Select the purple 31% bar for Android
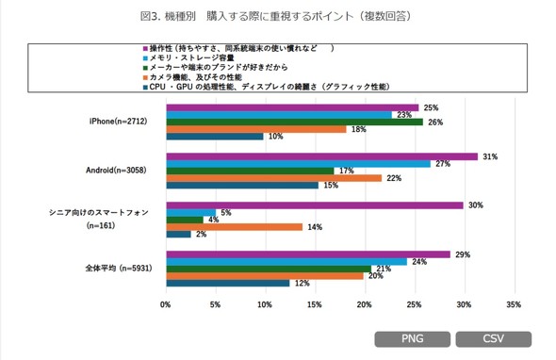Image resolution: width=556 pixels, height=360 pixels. click(321, 156)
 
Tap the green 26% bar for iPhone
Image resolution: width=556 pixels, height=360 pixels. click(294, 122)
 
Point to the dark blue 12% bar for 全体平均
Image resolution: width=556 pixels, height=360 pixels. click(227, 283)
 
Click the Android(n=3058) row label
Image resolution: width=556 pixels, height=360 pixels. click(118, 171)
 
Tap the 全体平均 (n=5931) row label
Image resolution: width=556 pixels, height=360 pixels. click(114, 269)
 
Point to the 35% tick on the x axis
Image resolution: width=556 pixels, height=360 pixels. click(513, 304)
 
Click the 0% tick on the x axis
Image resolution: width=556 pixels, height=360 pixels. click(166, 304)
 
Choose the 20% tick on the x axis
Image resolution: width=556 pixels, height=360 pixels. click(364, 304)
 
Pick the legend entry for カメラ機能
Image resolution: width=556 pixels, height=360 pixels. click(198, 76)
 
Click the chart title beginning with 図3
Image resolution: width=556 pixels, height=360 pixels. click(278, 16)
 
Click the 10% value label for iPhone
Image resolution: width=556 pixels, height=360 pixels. click(276, 137)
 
